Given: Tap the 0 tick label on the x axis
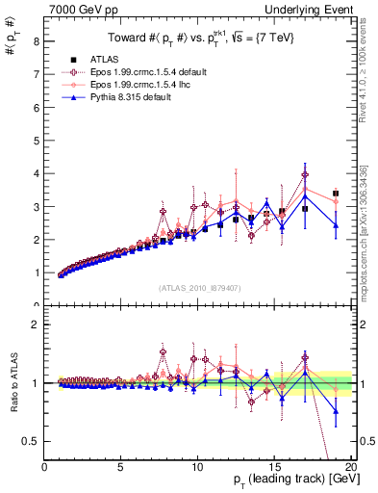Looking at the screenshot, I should click(x=44, y=466).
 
